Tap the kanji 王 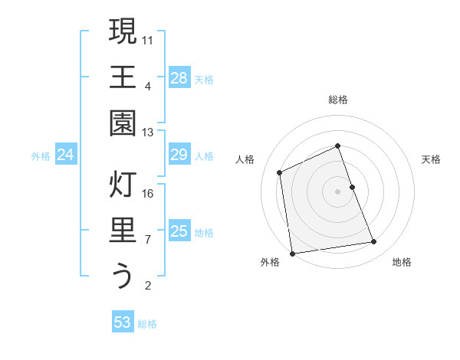click(123, 77)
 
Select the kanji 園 click(123, 123)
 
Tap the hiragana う click(123, 276)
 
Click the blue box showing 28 click(179, 77)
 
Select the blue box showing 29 click(179, 155)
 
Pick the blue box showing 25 click(179, 231)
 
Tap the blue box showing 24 click(66, 155)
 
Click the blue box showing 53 click(123, 322)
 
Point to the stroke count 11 click(149, 39)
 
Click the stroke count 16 click(149, 193)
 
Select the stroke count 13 click(149, 132)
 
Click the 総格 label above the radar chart click(338, 100)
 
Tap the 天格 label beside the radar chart click(432, 159)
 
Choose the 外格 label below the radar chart click(270, 262)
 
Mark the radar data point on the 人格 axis click(280, 172)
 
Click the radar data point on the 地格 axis click(374, 242)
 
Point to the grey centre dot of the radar click(338, 191)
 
